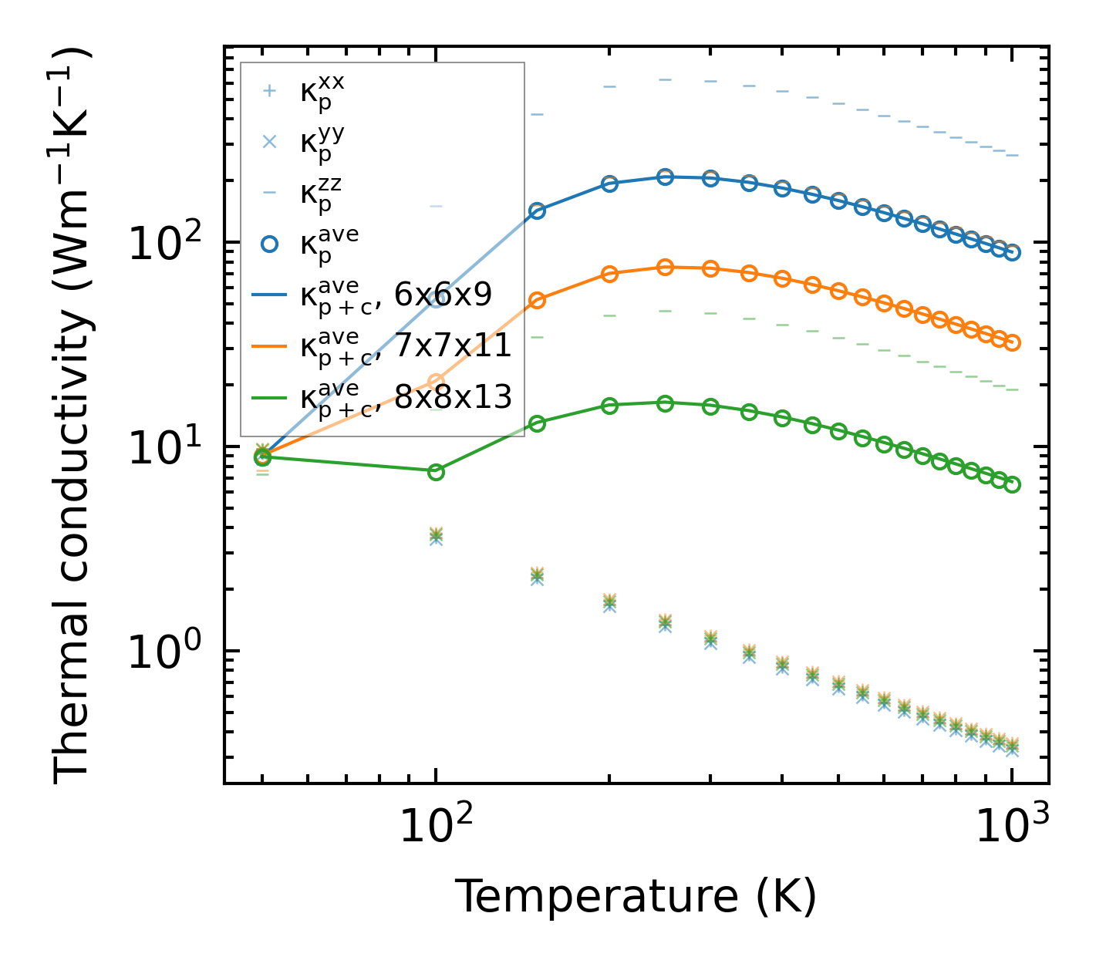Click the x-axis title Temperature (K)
(x=636, y=896)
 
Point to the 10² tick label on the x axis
(x=436, y=828)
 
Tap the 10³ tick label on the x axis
(x=1012, y=828)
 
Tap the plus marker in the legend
(x=268, y=91)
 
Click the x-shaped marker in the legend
(x=268, y=142)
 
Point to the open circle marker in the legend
(x=268, y=244)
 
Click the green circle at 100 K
(x=436, y=472)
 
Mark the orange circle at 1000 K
(x=1013, y=342)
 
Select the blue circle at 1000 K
(x=1013, y=253)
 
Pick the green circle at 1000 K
(x=1013, y=484)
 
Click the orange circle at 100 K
(x=436, y=381)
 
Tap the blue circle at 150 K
(x=538, y=211)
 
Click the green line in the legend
(x=268, y=396)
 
